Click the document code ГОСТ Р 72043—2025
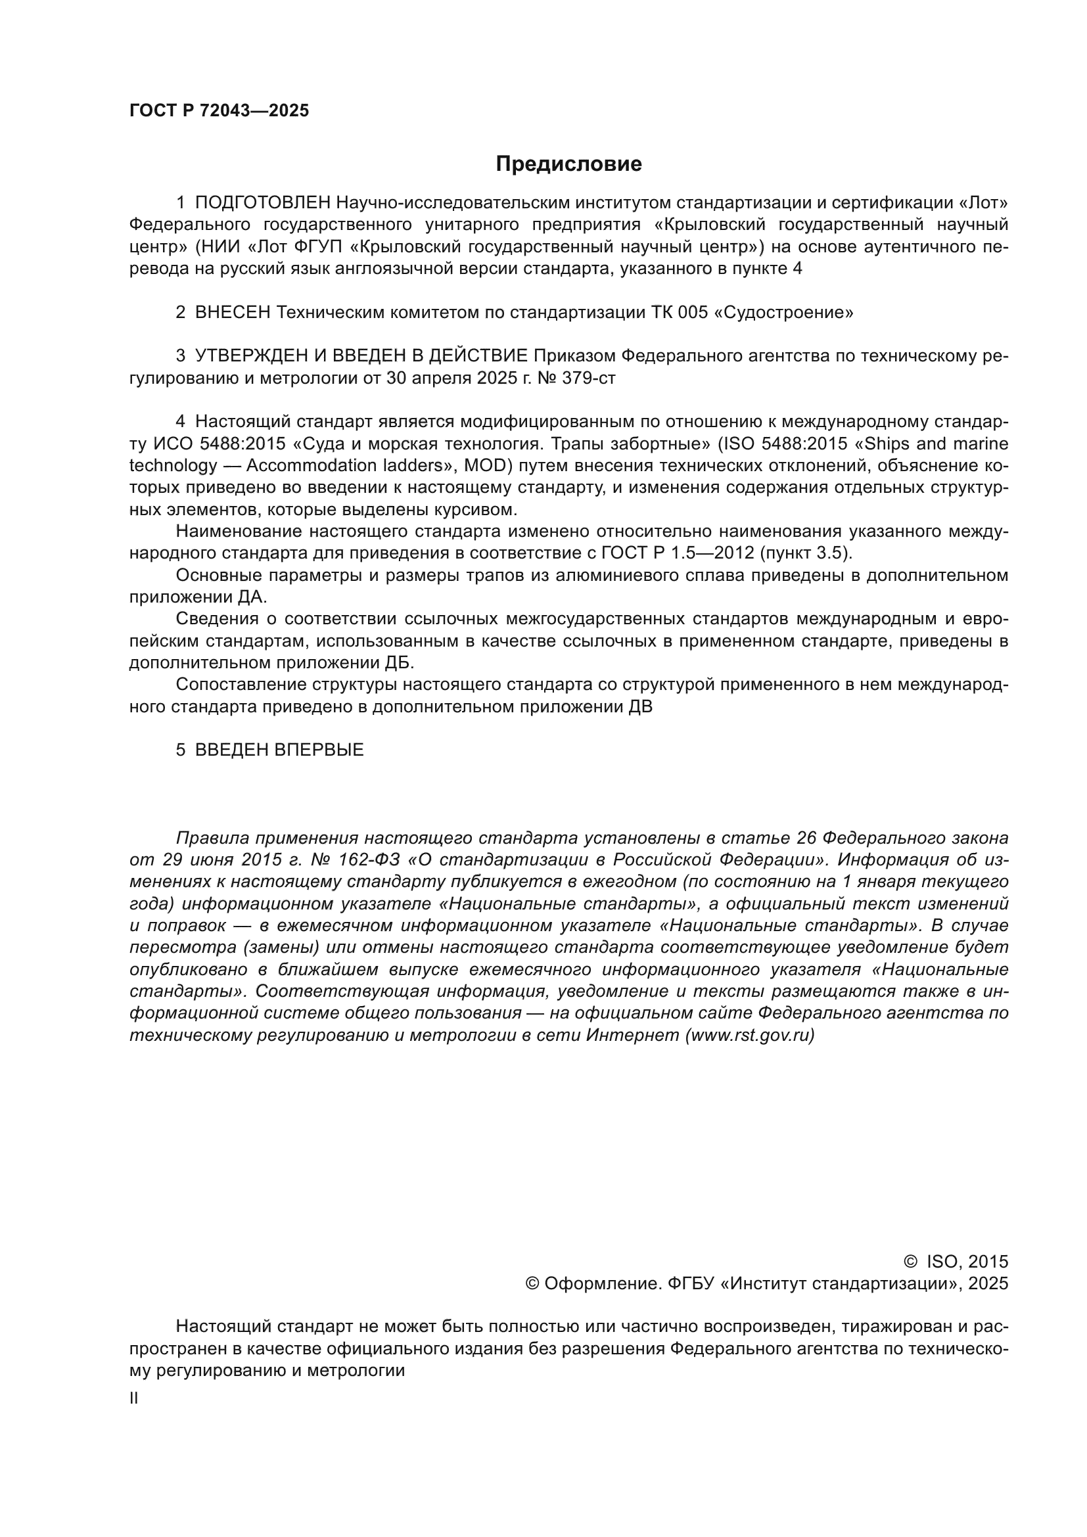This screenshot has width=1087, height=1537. (219, 110)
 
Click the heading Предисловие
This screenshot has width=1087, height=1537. (568, 164)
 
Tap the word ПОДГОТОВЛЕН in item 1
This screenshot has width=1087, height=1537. (262, 203)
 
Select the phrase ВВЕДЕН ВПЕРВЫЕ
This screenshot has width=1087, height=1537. (279, 750)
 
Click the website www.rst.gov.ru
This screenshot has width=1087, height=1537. (750, 1035)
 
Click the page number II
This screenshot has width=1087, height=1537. (134, 1398)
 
